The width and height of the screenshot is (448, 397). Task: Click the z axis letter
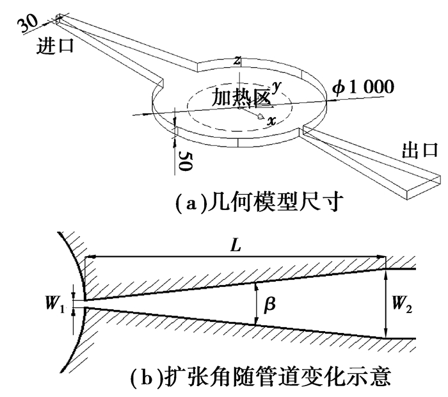(237, 61)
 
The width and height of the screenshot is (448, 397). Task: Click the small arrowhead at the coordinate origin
(259, 116)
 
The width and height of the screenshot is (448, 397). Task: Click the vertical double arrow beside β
(256, 305)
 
